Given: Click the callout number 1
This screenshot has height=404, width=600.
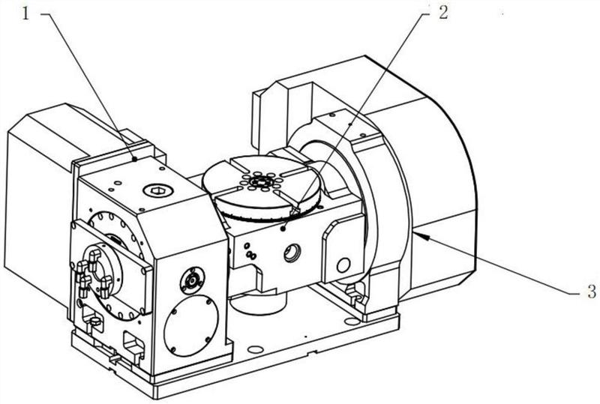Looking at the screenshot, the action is (x=25, y=14).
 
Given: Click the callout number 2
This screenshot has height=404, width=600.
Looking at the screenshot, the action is (x=442, y=13).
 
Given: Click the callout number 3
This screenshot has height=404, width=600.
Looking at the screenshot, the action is (x=592, y=292).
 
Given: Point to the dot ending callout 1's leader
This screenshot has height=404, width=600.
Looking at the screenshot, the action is (x=135, y=159).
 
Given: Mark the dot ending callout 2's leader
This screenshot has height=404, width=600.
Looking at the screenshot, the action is (x=283, y=229).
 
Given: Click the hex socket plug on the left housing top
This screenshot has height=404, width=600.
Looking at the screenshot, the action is (x=157, y=190).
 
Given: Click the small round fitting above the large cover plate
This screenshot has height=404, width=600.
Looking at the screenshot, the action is (x=192, y=281).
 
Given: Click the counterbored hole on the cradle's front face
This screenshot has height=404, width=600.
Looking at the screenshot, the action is (x=292, y=253).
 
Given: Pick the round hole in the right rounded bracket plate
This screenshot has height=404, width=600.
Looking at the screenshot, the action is (x=343, y=265).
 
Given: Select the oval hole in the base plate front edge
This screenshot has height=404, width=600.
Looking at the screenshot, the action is (x=255, y=349).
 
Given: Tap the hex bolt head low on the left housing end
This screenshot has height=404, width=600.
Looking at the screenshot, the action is (x=94, y=321).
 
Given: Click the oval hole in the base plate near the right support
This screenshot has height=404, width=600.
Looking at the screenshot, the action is (x=352, y=322).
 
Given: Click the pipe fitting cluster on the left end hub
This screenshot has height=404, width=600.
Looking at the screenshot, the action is (x=93, y=272).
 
